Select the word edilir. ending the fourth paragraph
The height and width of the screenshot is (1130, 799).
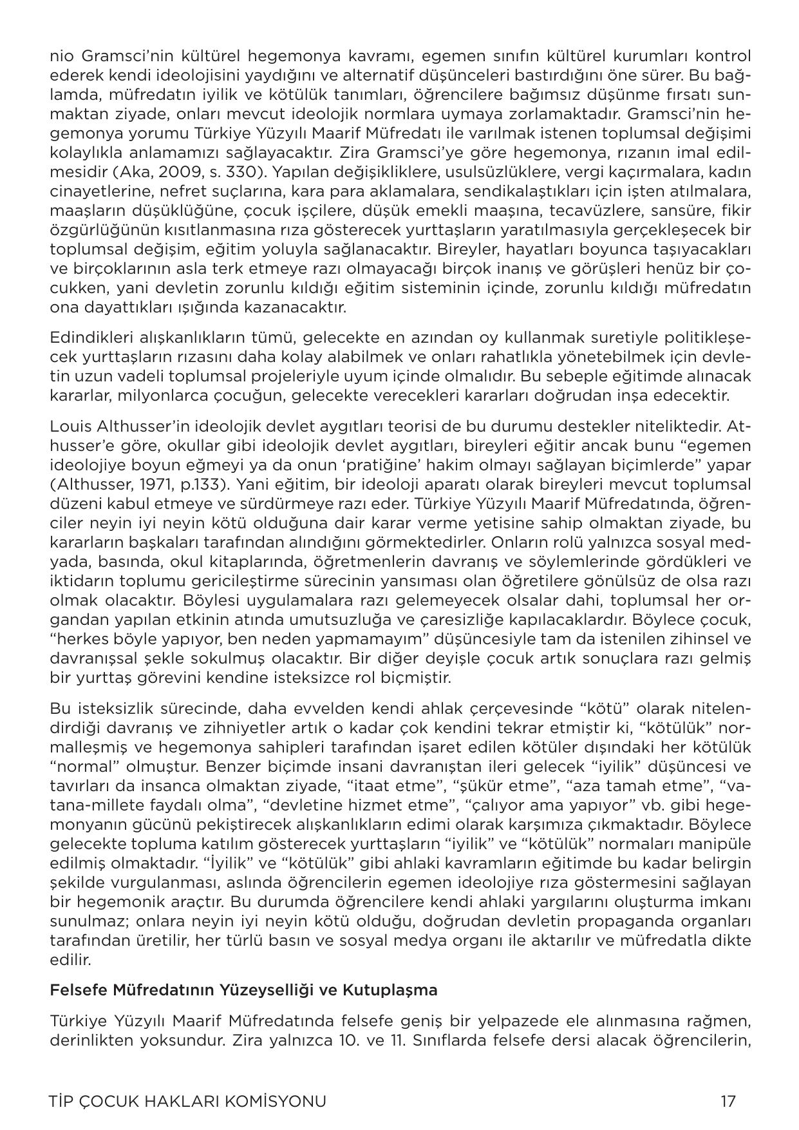(x=70, y=960)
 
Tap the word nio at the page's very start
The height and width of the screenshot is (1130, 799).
(x=62, y=57)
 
